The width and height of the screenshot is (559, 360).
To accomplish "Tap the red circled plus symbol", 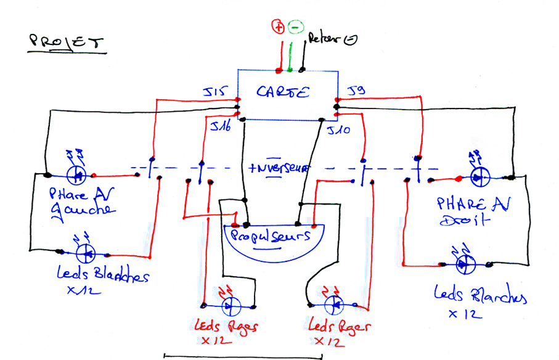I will [x=277, y=27].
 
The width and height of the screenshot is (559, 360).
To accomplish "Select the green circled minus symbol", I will [x=295, y=27].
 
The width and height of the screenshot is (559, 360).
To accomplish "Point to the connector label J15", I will [x=216, y=93].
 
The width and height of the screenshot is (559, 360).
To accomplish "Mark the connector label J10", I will [x=339, y=130].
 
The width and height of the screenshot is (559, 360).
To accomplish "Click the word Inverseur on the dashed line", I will [x=280, y=167].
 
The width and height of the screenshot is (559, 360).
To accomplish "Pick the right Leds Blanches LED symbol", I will [x=463, y=264].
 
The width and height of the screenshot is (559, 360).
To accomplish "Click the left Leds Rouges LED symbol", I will [x=230, y=305].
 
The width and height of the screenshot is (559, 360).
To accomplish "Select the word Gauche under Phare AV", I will [x=86, y=210].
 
